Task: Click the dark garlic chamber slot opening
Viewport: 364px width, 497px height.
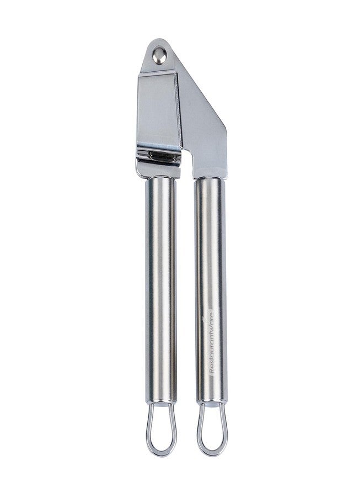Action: [x=162, y=156]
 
